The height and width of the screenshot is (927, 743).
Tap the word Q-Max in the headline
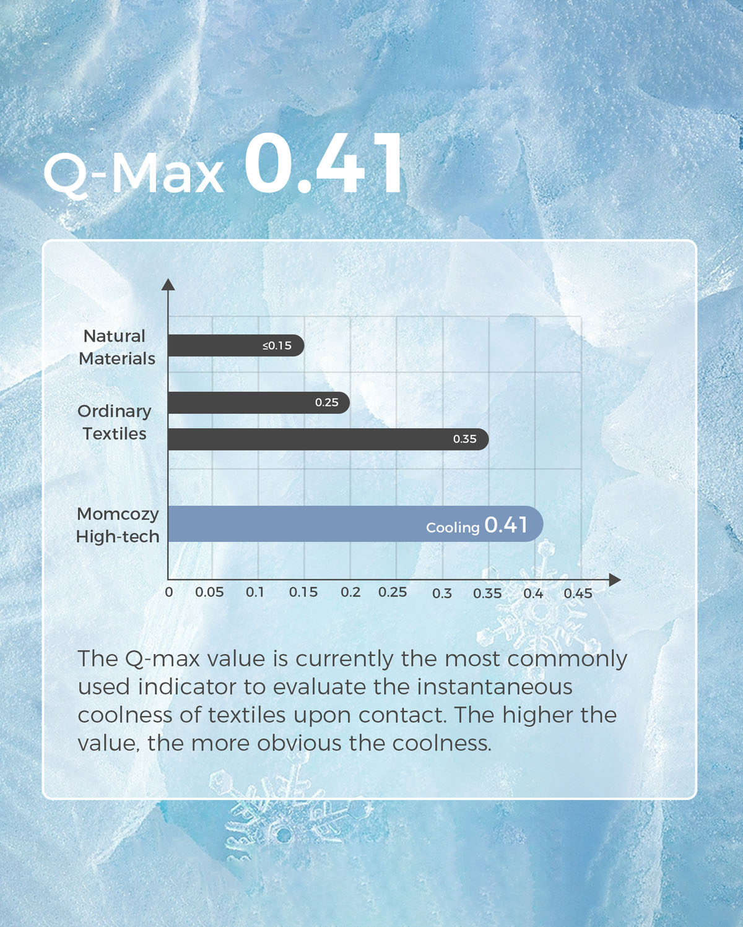click(134, 175)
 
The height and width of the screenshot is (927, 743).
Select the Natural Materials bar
click(236, 345)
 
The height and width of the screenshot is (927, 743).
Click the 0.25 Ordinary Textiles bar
click(259, 402)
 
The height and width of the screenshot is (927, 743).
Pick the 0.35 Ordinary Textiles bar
click(328, 439)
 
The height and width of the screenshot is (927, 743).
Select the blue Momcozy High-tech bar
click(355, 524)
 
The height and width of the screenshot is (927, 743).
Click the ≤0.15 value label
click(277, 345)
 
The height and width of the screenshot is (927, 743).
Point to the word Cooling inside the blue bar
click(453, 527)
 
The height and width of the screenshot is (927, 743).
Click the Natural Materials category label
click(116, 347)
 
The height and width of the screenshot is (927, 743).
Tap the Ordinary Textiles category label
click(114, 422)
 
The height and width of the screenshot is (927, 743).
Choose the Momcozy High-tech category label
click(118, 525)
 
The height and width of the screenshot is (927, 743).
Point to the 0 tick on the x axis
click(169, 592)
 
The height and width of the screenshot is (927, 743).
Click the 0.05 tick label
click(209, 592)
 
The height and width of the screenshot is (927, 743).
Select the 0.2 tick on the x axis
click(350, 592)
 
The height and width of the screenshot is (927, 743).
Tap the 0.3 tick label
click(441, 593)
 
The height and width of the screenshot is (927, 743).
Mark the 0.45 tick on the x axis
click(578, 593)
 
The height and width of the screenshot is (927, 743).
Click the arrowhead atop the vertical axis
click(168, 284)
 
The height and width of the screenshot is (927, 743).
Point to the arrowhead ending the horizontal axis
click(615, 580)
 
